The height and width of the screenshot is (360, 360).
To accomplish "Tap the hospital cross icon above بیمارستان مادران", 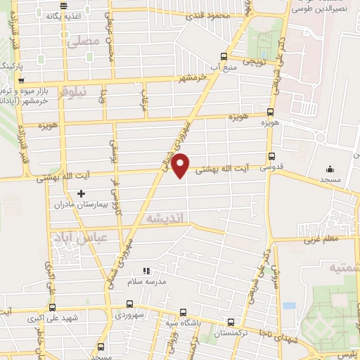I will tap(81, 193).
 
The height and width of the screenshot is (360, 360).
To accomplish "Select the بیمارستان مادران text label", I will tap(82, 205).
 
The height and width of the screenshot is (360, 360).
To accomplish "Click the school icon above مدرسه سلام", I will tap(146, 270).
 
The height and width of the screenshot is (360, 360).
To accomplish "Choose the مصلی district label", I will tap(83, 42).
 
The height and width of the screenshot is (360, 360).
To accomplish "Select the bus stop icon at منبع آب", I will tap(224, 57).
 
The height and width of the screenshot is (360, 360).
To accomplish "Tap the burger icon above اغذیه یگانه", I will tap(64, 6).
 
